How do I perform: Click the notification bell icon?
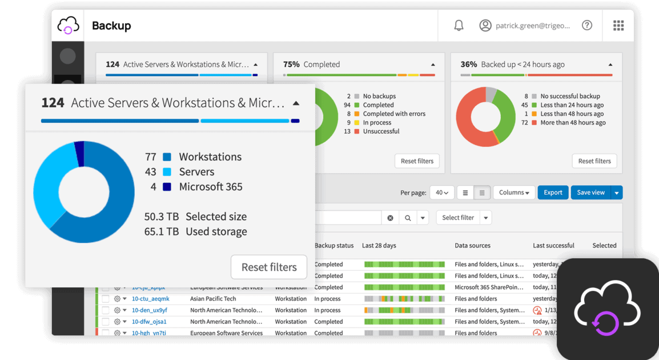click(459, 26)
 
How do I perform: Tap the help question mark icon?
click(586, 26)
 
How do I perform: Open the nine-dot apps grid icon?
click(618, 26)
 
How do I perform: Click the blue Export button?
click(553, 193)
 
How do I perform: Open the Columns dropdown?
click(514, 193)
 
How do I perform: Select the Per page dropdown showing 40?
click(441, 193)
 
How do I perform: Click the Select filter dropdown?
click(464, 218)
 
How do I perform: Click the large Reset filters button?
click(269, 267)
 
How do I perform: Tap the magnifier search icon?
click(408, 218)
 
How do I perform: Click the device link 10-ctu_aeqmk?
click(151, 299)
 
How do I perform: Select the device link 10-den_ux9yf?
click(150, 310)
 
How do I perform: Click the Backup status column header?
click(334, 246)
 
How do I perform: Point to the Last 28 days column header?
click(379, 246)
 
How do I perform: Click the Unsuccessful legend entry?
click(381, 131)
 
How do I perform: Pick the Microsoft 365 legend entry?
click(210, 187)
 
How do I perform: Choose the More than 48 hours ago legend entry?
click(573, 123)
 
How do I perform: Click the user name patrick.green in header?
click(532, 26)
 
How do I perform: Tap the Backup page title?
click(111, 26)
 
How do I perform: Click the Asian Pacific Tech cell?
click(213, 299)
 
